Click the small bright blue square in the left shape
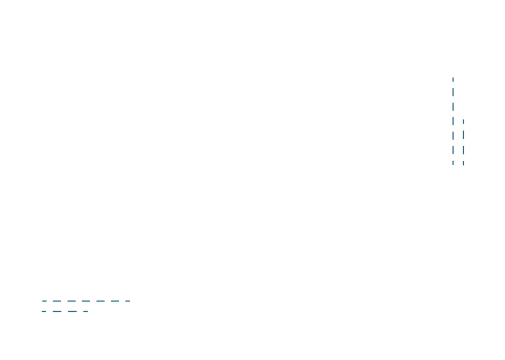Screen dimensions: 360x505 tap(63, 308)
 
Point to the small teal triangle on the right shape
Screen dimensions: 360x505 tap(460, 116)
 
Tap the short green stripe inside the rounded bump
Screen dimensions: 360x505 tap(443, 87)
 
